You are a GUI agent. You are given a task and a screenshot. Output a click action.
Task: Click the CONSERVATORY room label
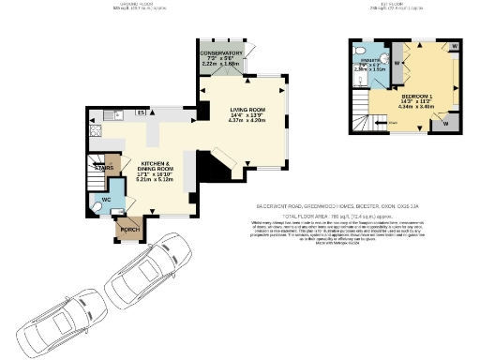click(x=223, y=52)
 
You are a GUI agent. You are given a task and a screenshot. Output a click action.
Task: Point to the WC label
click(x=107, y=201)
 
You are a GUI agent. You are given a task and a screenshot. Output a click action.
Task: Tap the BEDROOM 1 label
click(x=416, y=97)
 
